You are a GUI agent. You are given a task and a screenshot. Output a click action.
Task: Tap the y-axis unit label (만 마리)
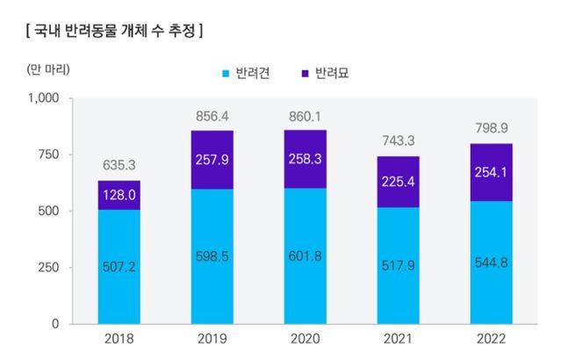pyautogui.click(x=42, y=68)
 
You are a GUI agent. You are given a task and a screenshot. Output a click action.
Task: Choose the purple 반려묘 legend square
pyautogui.click(x=305, y=75)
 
